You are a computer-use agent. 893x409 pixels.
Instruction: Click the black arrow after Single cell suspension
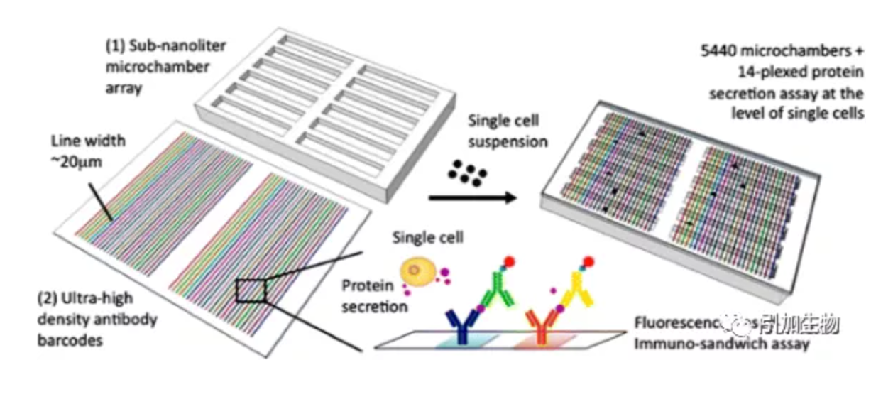point(473,197)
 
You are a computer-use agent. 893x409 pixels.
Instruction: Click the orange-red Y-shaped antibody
point(542,325)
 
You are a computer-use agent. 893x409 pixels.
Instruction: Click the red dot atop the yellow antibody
point(587,261)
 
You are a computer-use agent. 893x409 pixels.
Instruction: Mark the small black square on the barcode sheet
point(250,290)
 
